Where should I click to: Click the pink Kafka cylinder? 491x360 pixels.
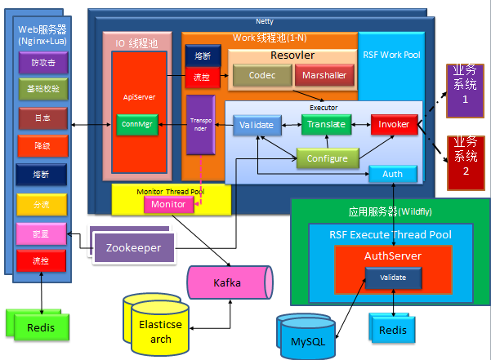tap(227, 283)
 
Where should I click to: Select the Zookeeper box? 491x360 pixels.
tap(134, 247)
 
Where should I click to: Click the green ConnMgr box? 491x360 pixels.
tap(136, 124)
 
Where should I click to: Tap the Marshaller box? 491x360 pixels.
tap(324, 75)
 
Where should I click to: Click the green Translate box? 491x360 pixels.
tap(325, 124)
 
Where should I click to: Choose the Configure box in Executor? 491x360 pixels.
tap(328, 158)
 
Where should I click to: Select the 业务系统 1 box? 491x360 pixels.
tap(466, 85)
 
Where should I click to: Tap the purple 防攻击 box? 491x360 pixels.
tap(43, 62)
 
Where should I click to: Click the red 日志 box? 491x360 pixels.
tap(43, 118)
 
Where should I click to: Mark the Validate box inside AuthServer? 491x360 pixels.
tap(393, 278)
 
